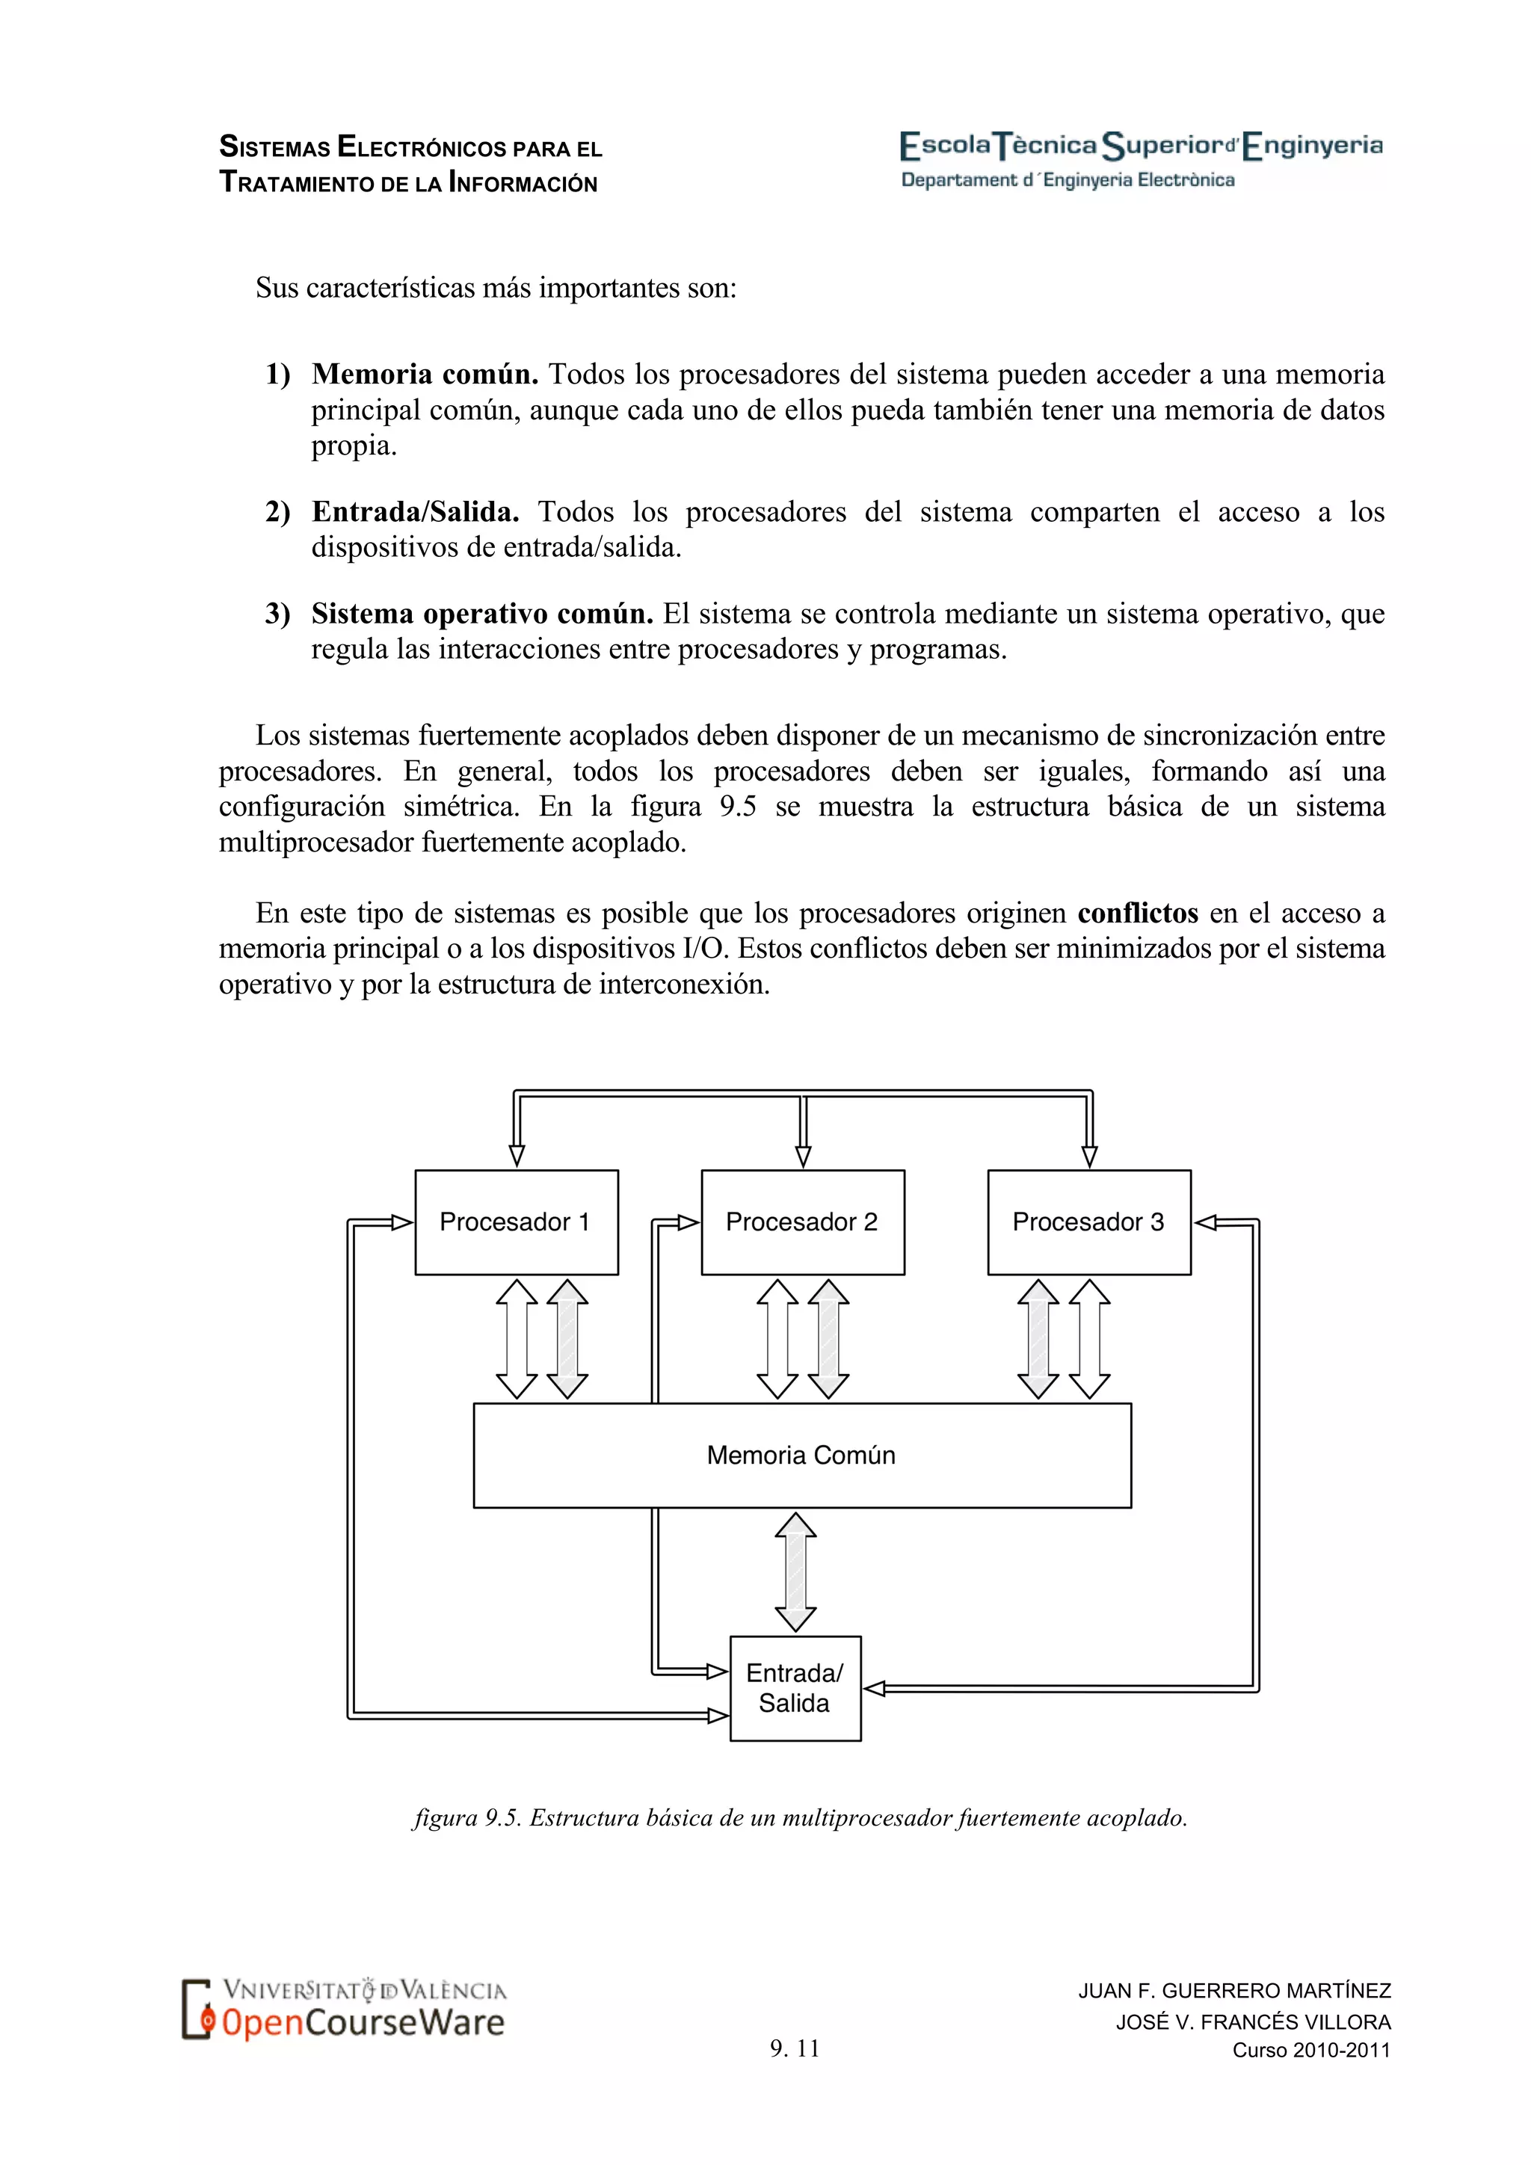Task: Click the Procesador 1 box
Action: point(516,1222)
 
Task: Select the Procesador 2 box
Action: point(802,1222)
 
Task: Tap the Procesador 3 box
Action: point(1089,1222)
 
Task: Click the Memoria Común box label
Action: point(801,1455)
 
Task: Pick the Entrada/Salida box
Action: point(795,1688)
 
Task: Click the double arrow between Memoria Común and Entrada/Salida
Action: point(795,1572)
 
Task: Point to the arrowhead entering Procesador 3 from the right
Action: point(1206,1223)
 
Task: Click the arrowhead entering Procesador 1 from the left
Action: point(401,1223)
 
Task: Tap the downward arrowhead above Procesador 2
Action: point(803,1156)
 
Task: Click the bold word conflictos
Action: point(1138,913)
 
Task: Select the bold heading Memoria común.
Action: point(425,375)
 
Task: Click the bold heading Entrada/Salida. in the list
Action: point(416,512)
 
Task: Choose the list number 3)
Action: point(277,614)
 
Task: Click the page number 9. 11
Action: point(795,2048)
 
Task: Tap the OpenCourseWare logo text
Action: point(363,2023)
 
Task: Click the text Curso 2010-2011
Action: point(1311,2050)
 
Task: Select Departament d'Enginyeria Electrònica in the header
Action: point(1068,180)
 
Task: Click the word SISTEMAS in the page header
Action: point(275,148)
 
